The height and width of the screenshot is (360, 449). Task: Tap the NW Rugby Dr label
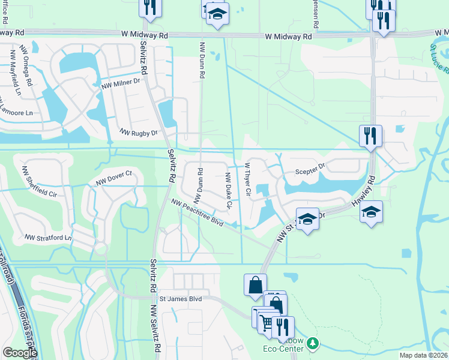pos(138,132)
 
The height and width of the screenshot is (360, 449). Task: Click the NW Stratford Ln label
pos(47,238)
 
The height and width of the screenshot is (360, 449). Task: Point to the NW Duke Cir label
pos(228,190)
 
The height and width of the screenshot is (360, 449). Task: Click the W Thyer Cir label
pos(247,179)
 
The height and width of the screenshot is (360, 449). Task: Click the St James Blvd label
pos(181,298)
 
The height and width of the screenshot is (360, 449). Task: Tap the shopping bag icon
pos(255,284)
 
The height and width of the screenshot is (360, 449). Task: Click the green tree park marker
pos(312,343)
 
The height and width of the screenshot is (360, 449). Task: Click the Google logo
pos(20,353)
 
